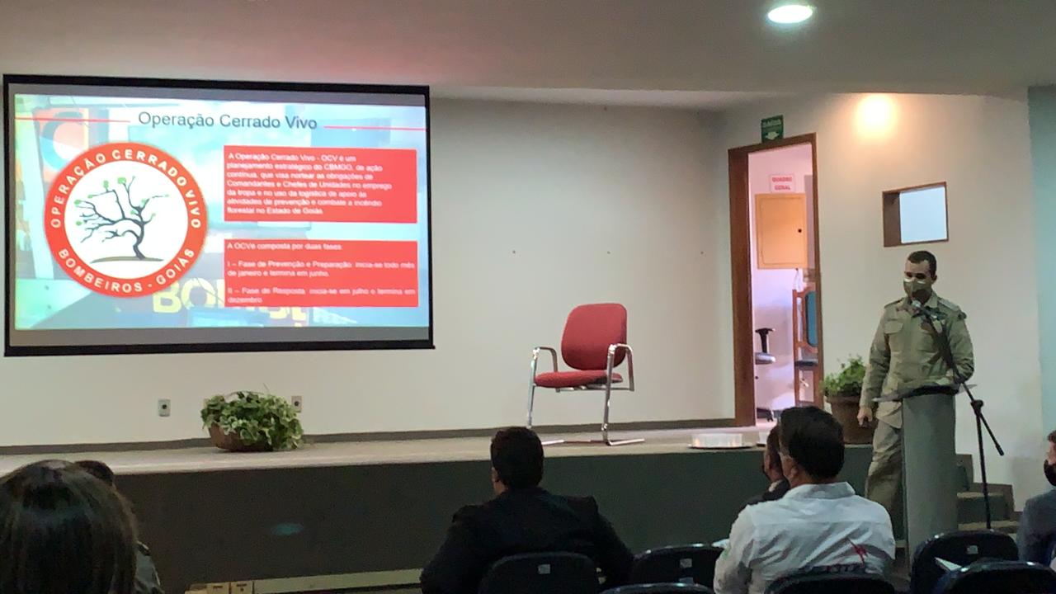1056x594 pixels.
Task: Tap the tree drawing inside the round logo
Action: click(x=122, y=216)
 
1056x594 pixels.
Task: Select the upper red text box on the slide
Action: click(x=320, y=185)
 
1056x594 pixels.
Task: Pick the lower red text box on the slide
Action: click(x=320, y=273)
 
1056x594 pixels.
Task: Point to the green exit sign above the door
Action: click(x=771, y=128)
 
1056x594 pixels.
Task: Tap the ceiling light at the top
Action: click(x=790, y=12)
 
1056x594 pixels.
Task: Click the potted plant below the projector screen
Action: click(x=251, y=420)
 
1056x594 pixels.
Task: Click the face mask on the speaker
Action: click(x=915, y=287)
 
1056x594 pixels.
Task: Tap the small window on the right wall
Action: click(x=915, y=214)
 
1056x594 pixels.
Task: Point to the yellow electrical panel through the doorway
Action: click(x=780, y=231)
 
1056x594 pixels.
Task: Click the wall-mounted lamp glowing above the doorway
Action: click(x=875, y=111)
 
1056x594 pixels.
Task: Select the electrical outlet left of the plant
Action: click(x=164, y=407)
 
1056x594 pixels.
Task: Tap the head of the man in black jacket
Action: click(x=517, y=458)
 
